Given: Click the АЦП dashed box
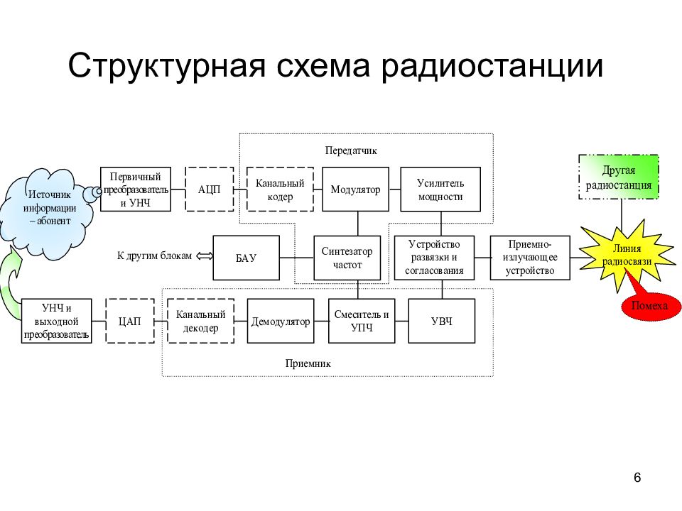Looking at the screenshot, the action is (x=209, y=189).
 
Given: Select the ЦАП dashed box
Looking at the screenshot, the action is (x=129, y=321).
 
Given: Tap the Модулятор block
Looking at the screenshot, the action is (x=355, y=189).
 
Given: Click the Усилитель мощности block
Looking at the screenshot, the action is (x=440, y=189).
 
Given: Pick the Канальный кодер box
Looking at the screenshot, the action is (x=280, y=189).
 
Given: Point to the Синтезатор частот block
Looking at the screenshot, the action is (x=347, y=258).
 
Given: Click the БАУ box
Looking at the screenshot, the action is (x=247, y=258).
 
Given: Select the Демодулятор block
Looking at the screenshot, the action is (x=281, y=321).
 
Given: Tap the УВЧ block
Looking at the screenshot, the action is (x=441, y=321).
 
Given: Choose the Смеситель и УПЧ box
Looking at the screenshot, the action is (x=362, y=321).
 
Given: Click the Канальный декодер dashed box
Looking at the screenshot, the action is (x=200, y=321).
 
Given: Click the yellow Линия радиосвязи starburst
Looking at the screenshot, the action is (x=627, y=255).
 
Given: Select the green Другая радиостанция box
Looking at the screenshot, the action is (x=619, y=177).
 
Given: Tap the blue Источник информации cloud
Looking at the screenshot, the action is (x=47, y=213).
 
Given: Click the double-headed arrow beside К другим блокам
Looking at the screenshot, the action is (x=205, y=256).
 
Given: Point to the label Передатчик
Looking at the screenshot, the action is (x=351, y=150).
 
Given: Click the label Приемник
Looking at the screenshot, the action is (x=308, y=363).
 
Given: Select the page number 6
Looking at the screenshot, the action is (x=637, y=478).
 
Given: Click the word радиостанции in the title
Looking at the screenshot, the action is (x=492, y=66).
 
